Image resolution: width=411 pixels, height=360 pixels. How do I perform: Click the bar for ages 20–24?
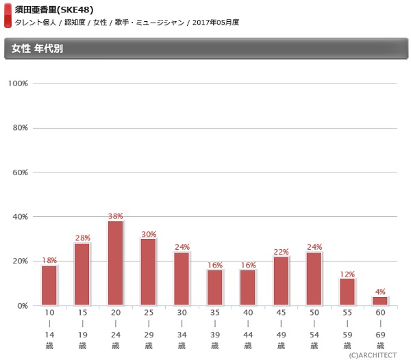click(115, 263)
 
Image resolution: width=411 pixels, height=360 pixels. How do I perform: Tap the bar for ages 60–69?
click(380, 301)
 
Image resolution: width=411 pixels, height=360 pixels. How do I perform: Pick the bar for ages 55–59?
click(347, 292)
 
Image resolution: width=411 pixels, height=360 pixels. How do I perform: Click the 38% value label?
click(116, 216)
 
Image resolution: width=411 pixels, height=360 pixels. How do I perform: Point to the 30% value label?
click(149, 234)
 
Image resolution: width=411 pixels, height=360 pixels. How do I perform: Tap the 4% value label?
click(380, 292)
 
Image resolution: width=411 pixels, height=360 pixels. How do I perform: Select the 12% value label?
click(347, 274)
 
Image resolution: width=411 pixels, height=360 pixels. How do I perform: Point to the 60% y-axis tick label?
click(18, 172)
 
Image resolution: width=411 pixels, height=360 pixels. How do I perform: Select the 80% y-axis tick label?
click(18, 128)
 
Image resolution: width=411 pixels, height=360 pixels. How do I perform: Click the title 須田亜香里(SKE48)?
click(54, 10)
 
